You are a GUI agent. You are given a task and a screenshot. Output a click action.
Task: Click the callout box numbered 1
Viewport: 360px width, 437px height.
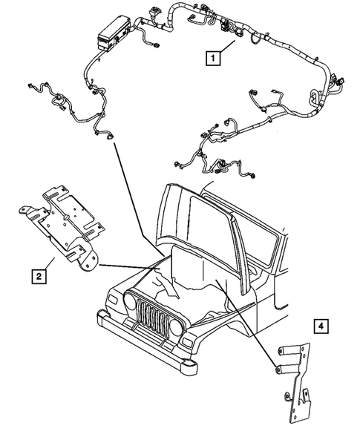tap(213, 57)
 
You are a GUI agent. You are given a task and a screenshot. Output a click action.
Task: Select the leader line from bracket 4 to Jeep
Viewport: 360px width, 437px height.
tap(249, 315)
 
